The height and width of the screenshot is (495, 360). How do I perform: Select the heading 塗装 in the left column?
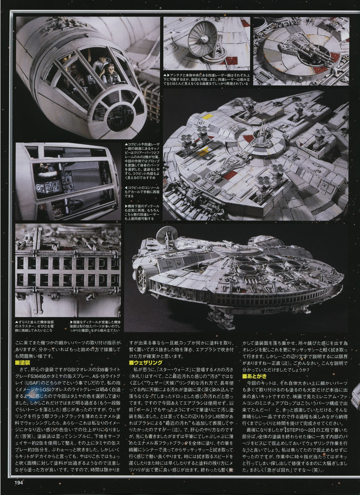click(23, 363)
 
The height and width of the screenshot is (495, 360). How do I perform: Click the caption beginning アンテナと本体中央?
click(207, 78)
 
